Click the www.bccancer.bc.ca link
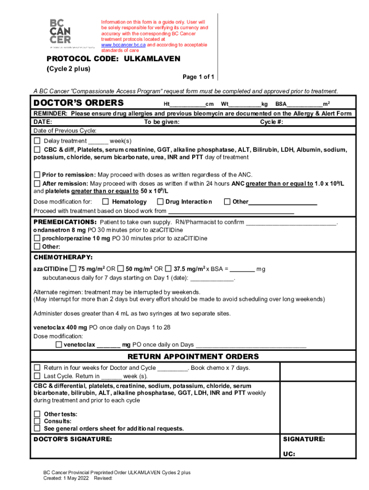[x=123, y=45]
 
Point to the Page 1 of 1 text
[x=198, y=77]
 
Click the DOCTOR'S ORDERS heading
[x=79, y=103]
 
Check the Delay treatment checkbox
[x=37, y=141]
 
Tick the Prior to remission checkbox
[x=37, y=175]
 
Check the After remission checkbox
[x=37, y=183]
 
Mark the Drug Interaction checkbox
[x=161, y=201]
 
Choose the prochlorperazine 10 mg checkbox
[x=37, y=238]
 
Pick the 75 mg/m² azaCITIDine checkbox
[x=73, y=268]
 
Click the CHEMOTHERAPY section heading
[x=62, y=257]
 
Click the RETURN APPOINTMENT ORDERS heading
[x=193, y=356]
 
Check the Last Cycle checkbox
[x=37, y=376]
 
